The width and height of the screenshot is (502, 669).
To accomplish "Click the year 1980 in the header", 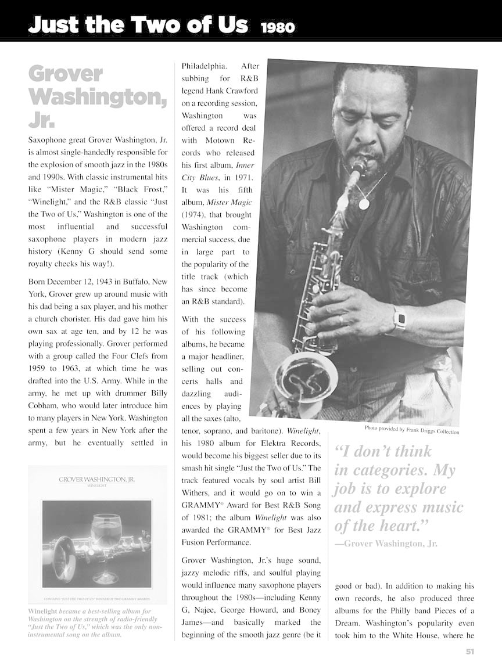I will click(278, 27).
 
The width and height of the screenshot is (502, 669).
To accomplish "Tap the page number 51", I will click(470, 651).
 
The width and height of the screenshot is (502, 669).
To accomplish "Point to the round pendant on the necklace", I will click(364, 204).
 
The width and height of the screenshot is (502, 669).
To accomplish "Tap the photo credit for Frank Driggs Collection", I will click(411, 430).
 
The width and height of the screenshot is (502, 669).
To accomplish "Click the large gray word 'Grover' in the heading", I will click(65, 74).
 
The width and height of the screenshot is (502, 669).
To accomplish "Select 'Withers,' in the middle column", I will click(195, 492).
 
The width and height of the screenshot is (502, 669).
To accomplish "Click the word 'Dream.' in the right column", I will click(347, 623).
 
